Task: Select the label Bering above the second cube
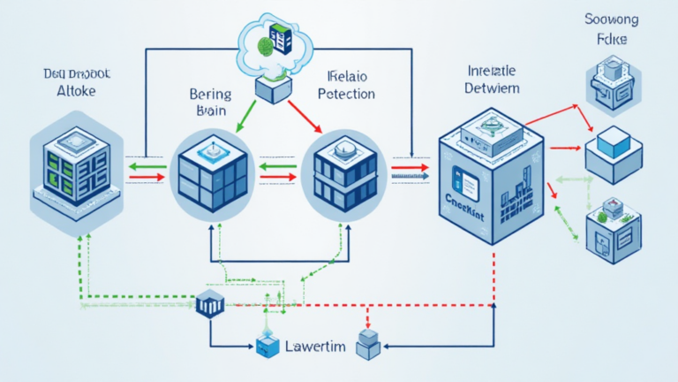(x=210, y=94)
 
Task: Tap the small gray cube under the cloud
(x=273, y=88)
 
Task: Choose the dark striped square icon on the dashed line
(x=210, y=304)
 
